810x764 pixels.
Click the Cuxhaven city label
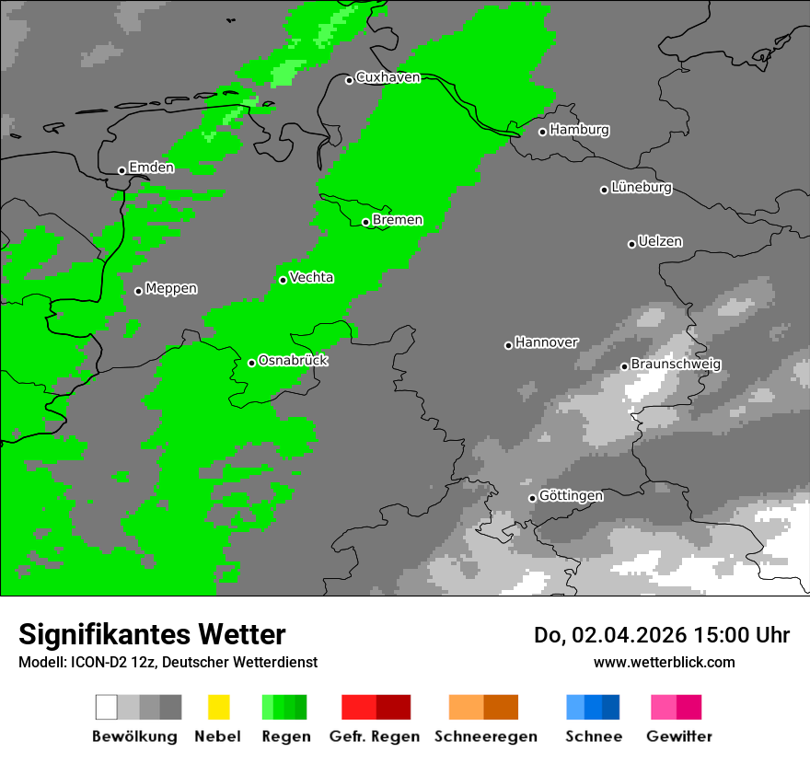388,77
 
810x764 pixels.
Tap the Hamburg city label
579,130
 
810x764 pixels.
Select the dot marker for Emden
121,170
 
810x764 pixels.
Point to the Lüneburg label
641,188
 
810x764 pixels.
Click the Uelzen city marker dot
631,244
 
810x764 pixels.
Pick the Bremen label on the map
398,220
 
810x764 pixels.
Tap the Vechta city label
311,277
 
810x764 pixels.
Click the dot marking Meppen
138,291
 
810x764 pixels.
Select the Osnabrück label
293,361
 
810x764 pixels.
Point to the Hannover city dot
508,345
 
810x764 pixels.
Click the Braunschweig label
676,365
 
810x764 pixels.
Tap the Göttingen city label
571,496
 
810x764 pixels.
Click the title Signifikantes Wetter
152,635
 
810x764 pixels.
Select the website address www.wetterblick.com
664,662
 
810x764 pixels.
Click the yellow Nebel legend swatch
218,707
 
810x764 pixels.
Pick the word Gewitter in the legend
678,736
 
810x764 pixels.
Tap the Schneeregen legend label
486,736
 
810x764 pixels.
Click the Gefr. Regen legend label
374,736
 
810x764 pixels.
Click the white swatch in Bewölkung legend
107,707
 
